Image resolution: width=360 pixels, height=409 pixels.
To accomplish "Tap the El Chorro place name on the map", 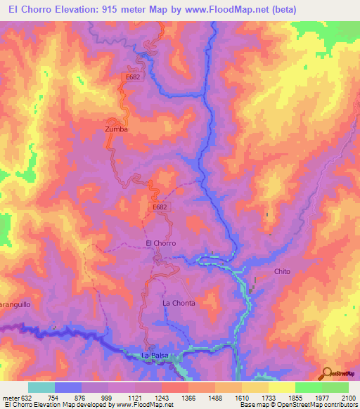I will pyautogui.click(x=160, y=243).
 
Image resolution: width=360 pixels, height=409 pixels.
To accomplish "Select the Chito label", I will pyautogui.click(x=282, y=271).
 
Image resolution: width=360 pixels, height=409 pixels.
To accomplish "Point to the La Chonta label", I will pyautogui.click(x=179, y=303).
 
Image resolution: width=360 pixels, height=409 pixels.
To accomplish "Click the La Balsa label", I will pyautogui.click(x=153, y=356).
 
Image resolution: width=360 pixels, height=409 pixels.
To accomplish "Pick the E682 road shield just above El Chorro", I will pyautogui.click(x=160, y=208).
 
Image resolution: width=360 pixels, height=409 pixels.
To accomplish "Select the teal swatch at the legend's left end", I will pyautogui.click(x=41, y=387).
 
